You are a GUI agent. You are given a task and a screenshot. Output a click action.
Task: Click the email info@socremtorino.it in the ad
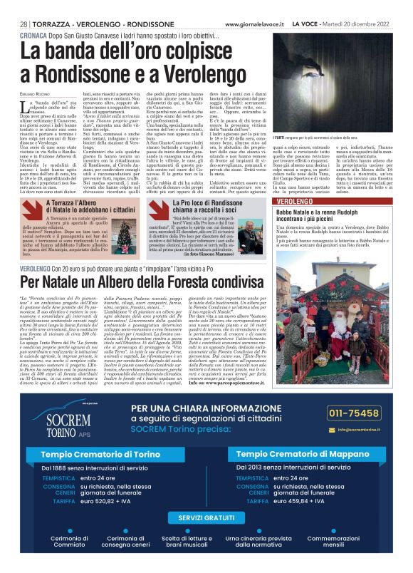(x=365, y=430)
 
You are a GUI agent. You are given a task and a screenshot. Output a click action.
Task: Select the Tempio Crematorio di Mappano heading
(x=309, y=454)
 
